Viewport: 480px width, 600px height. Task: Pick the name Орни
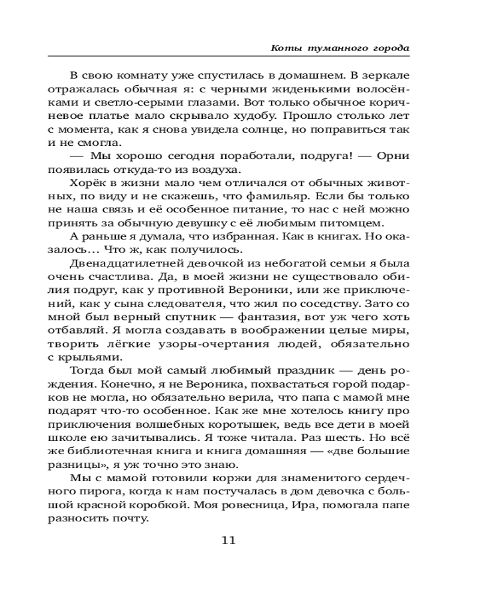click(x=392, y=156)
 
